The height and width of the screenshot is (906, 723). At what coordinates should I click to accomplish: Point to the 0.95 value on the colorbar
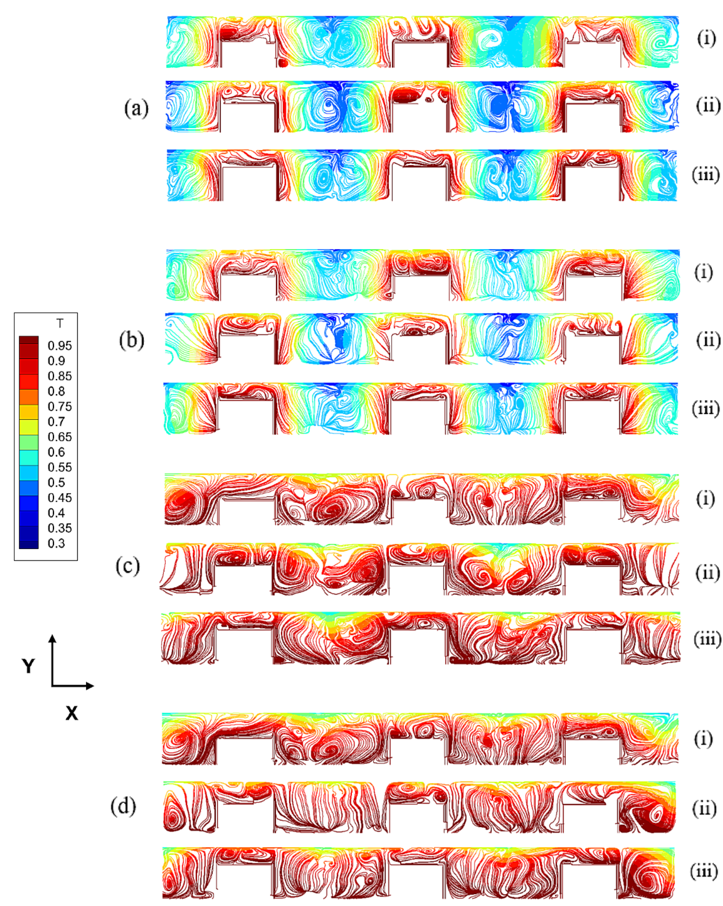pos(60,346)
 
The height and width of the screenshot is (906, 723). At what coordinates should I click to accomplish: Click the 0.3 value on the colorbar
pos(56,543)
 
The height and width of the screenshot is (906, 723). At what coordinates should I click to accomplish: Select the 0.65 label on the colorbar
pos(60,437)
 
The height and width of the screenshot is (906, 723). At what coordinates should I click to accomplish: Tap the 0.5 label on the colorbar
pos(56,482)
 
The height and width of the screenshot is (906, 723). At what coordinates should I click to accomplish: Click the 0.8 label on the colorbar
pos(56,391)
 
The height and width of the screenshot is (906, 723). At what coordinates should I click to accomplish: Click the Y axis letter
pos(29,666)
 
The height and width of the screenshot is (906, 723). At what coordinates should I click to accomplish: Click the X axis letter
pos(72,713)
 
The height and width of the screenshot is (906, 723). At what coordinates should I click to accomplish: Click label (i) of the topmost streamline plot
pos(707,39)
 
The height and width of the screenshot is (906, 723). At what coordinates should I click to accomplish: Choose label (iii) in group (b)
pos(706,409)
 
